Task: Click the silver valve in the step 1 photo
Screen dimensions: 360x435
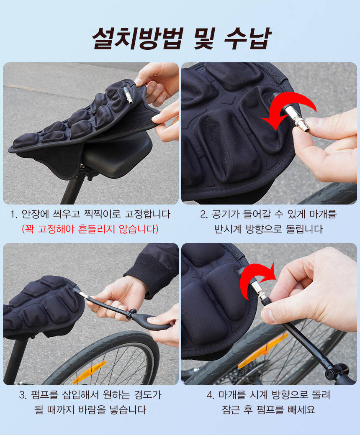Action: pyautogui.click(x=128, y=95)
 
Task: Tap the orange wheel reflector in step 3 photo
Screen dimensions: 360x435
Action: pyautogui.click(x=90, y=372)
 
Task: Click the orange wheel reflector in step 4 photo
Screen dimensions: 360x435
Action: pyautogui.click(x=263, y=351)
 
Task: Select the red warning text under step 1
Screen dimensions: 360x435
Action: pyautogui.click(x=90, y=229)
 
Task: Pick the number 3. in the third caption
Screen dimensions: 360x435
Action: pyautogui.click(x=23, y=395)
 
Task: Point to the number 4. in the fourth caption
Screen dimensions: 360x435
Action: pyautogui.click(x=211, y=395)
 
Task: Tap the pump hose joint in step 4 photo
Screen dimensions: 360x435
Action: pyautogui.click(x=334, y=372)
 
